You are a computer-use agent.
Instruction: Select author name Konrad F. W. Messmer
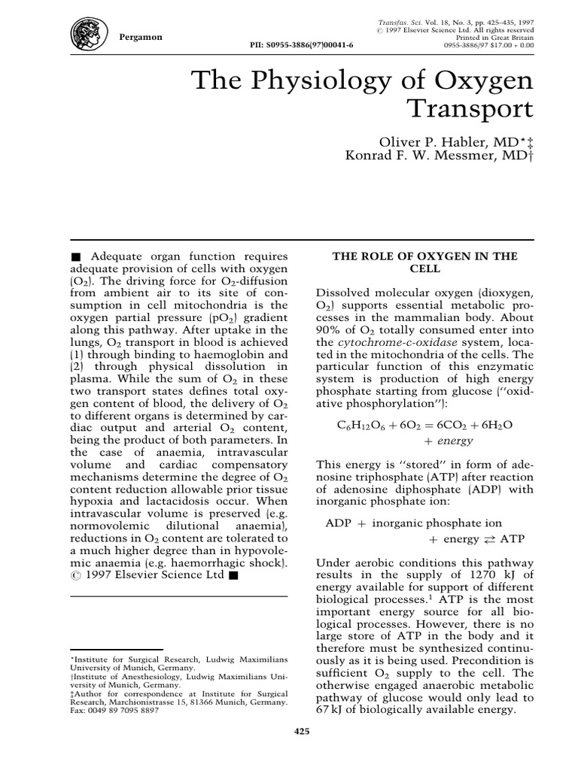(x=429, y=158)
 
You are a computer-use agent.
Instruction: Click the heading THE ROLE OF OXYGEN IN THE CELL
(x=424, y=262)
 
